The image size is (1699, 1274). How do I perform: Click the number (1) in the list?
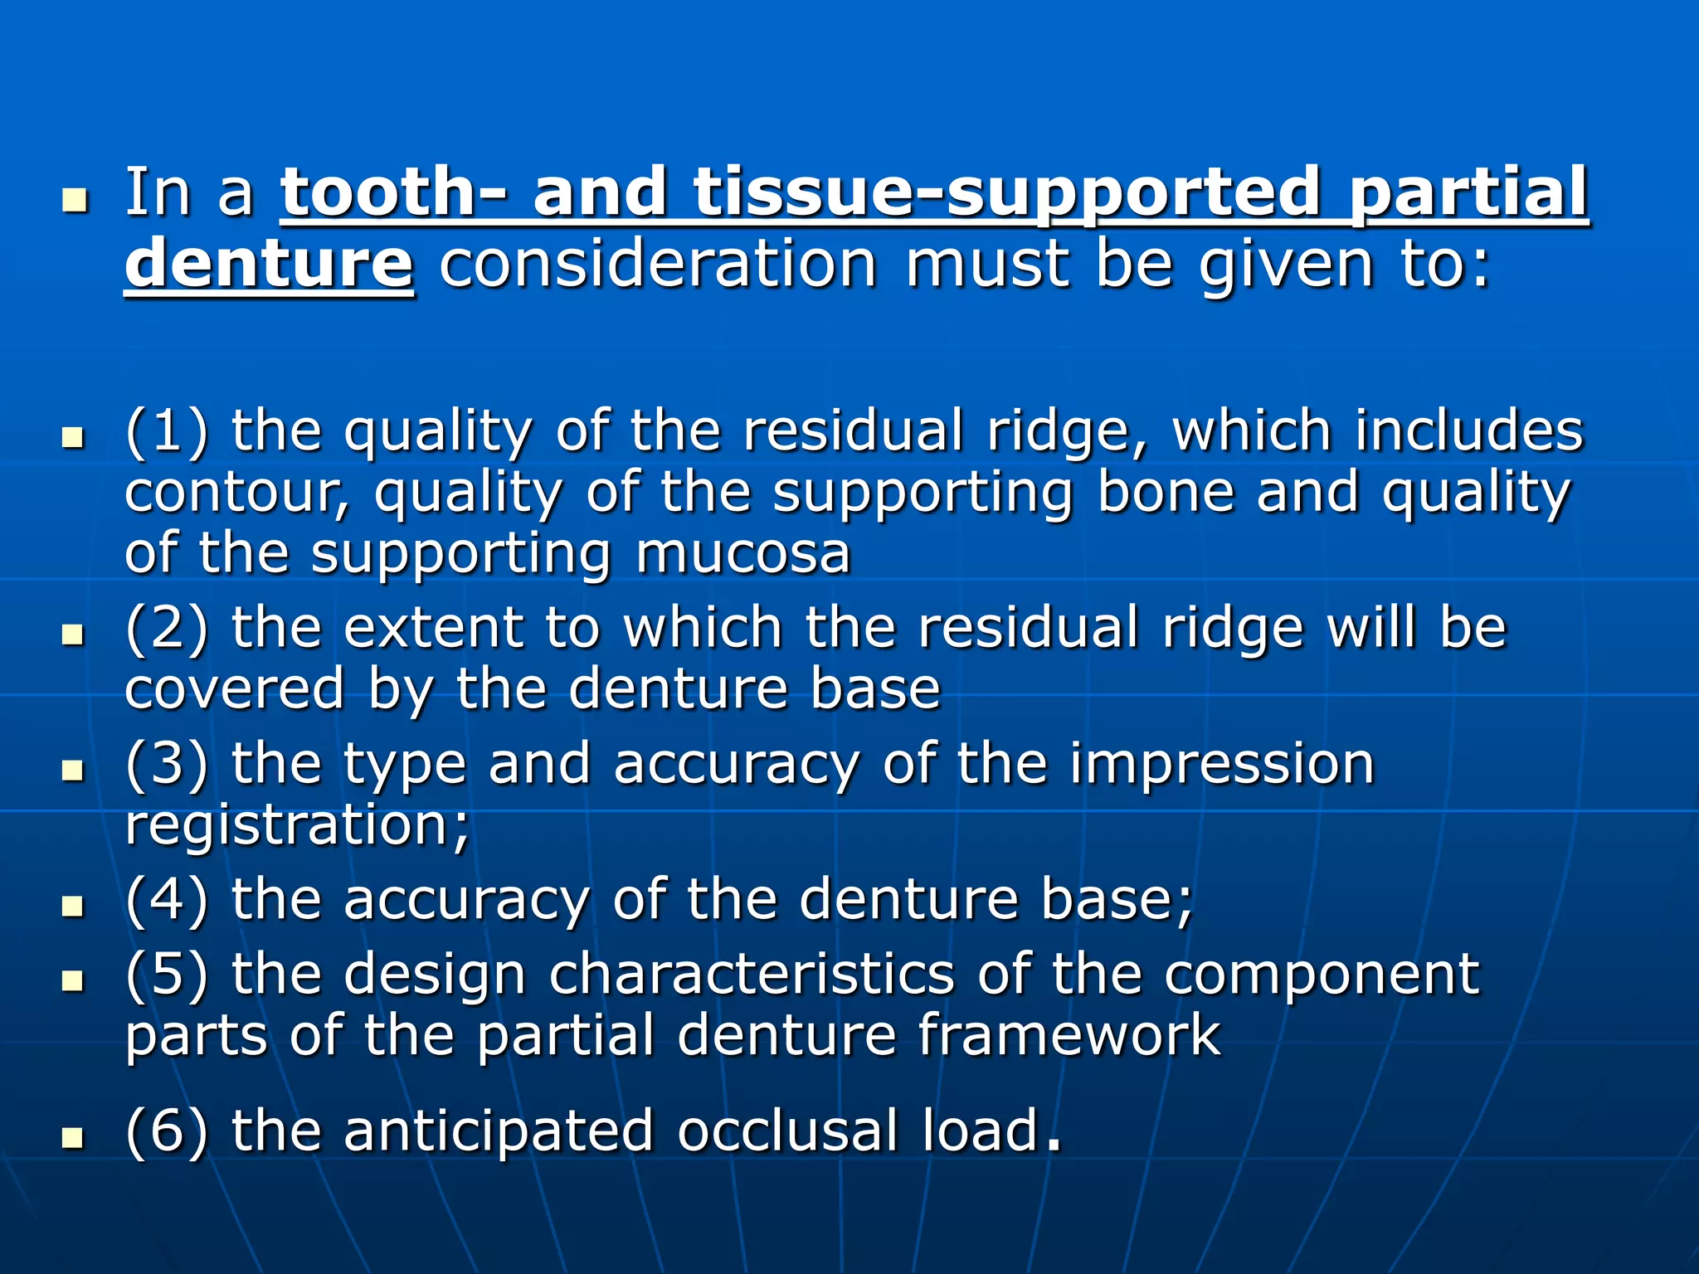coord(167,431)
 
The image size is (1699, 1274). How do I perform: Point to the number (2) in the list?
coord(167,628)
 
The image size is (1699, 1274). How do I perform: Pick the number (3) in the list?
coord(167,764)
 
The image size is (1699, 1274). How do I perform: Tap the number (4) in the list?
coord(167,900)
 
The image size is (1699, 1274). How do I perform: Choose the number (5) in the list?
coord(167,974)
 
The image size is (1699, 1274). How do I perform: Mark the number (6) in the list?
coord(167,1131)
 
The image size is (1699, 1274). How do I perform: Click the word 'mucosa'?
coord(743,553)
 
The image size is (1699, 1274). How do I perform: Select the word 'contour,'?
coord(237,493)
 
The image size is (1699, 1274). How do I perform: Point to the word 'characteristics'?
coord(752,974)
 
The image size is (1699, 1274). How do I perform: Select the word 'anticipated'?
coord(499,1131)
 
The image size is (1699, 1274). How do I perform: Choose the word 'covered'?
coord(234,689)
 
